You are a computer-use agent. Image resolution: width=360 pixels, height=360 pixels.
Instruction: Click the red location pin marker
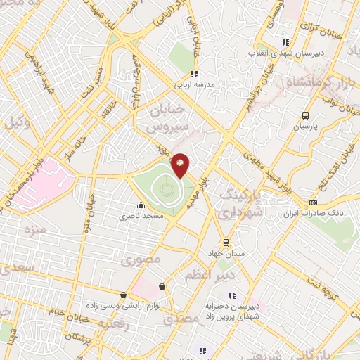(x=181, y=165)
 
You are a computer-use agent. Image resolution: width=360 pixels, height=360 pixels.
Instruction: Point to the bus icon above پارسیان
(x=305, y=115)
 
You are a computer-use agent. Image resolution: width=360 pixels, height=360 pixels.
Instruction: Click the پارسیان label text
(x=305, y=127)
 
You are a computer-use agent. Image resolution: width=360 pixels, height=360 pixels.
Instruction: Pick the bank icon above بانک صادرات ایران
(x=313, y=203)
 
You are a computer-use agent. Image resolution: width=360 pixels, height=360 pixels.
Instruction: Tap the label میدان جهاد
(x=224, y=252)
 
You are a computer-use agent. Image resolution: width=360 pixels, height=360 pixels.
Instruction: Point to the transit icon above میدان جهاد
(x=224, y=241)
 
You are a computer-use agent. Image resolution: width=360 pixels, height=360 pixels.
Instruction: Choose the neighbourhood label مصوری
(x=141, y=260)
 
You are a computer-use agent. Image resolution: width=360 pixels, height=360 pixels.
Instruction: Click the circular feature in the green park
(x=165, y=188)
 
